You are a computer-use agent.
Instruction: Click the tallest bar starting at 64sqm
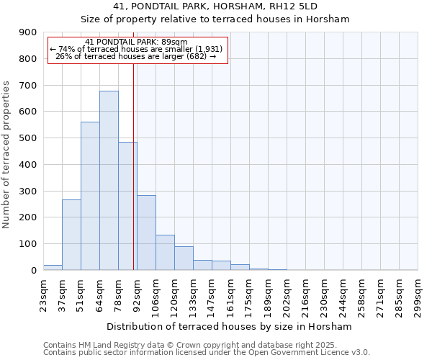point(109,180)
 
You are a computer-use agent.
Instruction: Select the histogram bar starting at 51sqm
point(90,196)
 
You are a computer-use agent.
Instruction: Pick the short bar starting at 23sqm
point(53,267)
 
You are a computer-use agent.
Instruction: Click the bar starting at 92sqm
point(146,233)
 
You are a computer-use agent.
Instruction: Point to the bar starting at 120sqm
point(184,258)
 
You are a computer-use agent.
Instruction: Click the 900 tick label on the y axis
point(28,32)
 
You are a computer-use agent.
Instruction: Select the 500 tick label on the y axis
point(28,138)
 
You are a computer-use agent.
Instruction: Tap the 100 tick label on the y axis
point(28,244)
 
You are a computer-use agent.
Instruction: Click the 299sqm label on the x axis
point(418,294)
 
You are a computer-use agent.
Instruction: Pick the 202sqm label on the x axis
point(287,294)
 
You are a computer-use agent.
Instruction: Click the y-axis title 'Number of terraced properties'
point(7,155)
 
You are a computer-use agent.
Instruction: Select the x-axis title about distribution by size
point(230,327)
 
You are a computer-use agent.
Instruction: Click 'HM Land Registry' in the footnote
point(107,345)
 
